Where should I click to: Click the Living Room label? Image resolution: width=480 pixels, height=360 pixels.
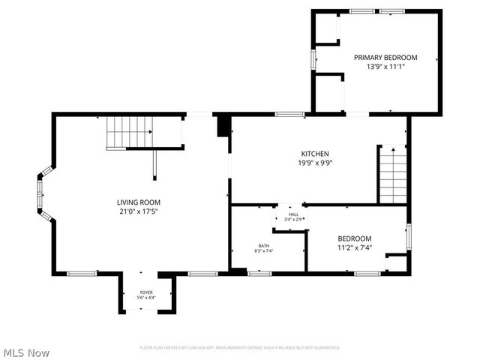(x=139, y=202)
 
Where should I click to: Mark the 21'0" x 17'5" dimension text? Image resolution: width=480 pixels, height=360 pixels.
(x=139, y=211)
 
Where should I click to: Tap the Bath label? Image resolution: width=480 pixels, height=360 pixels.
(x=264, y=245)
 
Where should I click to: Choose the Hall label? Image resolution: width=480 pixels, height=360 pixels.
(x=292, y=214)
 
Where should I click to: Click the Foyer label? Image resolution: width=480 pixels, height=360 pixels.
(x=146, y=292)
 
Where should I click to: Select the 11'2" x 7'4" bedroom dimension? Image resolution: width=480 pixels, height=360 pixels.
(x=354, y=247)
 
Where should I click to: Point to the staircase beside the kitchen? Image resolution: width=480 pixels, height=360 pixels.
(x=392, y=175)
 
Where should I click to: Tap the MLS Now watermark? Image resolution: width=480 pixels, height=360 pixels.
(x=26, y=352)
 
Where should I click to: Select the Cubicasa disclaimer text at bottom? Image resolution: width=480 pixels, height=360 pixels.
(x=240, y=347)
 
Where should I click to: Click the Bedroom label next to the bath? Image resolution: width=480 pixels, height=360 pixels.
(x=354, y=238)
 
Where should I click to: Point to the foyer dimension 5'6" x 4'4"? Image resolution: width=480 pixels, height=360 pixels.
(x=146, y=298)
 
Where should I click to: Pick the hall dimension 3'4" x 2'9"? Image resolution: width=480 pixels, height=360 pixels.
(x=293, y=220)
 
